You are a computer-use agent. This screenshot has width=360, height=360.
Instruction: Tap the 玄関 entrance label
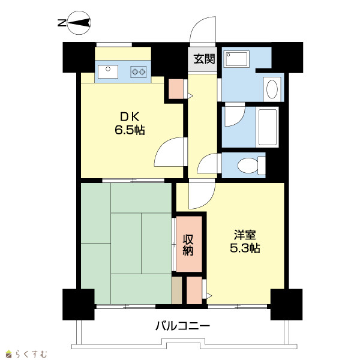(x=204, y=59)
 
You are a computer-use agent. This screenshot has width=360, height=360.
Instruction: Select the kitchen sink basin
(x=108, y=71)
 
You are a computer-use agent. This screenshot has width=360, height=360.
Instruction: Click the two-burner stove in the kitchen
(x=139, y=72)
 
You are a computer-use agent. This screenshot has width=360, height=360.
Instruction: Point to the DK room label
(x=130, y=117)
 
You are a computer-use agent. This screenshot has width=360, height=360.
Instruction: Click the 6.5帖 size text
(x=130, y=130)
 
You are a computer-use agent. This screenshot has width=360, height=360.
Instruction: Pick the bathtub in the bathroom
(x=267, y=127)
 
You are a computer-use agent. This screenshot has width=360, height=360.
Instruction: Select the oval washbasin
(x=272, y=89)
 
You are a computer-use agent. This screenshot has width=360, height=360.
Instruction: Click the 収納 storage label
(x=188, y=245)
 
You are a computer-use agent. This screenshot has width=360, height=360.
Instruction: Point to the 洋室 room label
(x=245, y=235)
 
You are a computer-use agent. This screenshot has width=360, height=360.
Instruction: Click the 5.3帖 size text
(x=245, y=248)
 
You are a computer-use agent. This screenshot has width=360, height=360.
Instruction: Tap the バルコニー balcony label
(x=183, y=326)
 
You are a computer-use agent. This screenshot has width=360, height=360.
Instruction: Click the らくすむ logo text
(x=31, y=354)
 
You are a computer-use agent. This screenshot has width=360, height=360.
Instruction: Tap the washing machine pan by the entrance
(x=237, y=59)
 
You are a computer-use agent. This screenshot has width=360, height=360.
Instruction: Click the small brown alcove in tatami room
(x=177, y=290)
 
